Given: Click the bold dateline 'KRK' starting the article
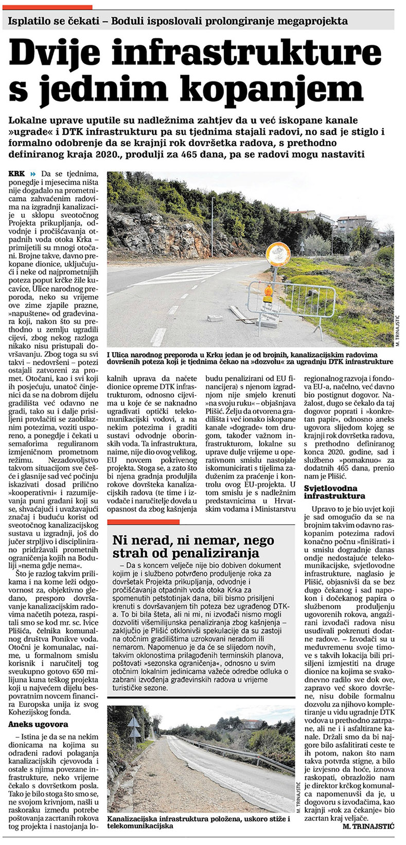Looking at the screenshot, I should click(17, 175).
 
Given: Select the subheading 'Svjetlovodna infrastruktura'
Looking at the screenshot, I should click(334, 492).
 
